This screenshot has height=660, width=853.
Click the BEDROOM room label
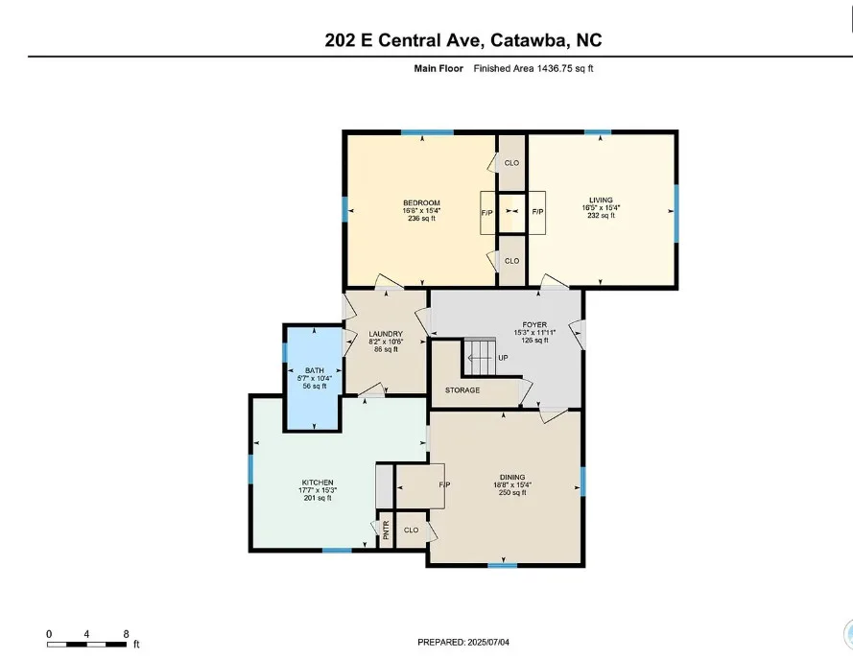(x=421, y=203)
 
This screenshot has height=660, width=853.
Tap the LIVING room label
(x=601, y=200)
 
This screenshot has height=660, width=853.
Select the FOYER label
(x=534, y=325)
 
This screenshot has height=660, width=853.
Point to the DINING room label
(x=512, y=477)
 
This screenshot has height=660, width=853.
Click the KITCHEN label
(x=318, y=483)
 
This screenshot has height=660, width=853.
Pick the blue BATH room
(x=314, y=378)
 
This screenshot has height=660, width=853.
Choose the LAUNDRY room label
(x=386, y=334)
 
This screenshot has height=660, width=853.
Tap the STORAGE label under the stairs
(x=462, y=390)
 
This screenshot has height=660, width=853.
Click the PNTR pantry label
(x=387, y=530)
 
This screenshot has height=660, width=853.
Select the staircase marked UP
(x=480, y=357)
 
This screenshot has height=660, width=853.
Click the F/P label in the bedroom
(x=486, y=213)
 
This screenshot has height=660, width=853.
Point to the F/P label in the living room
(x=537, y=212)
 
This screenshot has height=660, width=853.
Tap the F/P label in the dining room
(x=444, y=484)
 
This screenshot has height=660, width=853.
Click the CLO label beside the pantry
(x=412, y=530)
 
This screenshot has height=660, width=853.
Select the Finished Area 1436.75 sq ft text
(x=533, y=68)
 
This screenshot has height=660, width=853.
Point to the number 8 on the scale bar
(x=127, y=634)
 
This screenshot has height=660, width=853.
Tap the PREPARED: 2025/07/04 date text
(x=463, y=642)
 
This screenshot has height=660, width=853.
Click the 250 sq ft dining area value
(x=512, y=493)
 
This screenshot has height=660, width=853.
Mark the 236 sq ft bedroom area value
(x=421, y=219)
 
